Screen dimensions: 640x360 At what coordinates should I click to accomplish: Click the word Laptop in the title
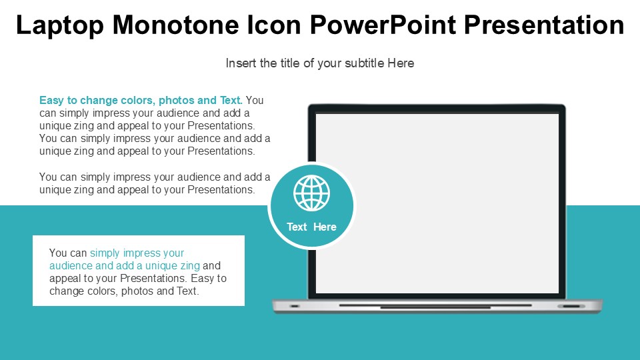pos(60,25)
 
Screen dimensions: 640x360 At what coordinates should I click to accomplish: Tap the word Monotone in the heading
pos(175,25)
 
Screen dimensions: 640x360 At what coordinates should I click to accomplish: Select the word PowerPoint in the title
pos(383,25)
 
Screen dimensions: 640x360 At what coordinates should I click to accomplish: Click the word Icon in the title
pos(274,25)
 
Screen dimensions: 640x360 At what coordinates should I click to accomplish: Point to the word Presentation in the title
pos(544,25)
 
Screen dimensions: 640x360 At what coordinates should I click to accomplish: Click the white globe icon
pos(311,193)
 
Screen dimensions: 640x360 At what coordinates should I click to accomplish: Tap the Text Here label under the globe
pos(311,227)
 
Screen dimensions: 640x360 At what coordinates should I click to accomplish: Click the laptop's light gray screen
pos(437,203)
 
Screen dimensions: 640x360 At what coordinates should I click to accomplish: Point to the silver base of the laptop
pos(437,306)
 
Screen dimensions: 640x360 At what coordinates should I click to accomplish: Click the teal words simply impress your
pos(137,253)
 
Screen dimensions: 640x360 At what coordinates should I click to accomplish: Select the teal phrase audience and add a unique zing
pos(125,266)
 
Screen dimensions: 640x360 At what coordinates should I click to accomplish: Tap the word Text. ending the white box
pos(187,291)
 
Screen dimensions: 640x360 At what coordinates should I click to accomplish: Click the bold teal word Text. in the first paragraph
pos(231,100)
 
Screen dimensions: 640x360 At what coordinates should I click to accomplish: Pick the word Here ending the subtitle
pos(401,63)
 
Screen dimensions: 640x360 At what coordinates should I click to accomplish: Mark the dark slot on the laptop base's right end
pos(571,306)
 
